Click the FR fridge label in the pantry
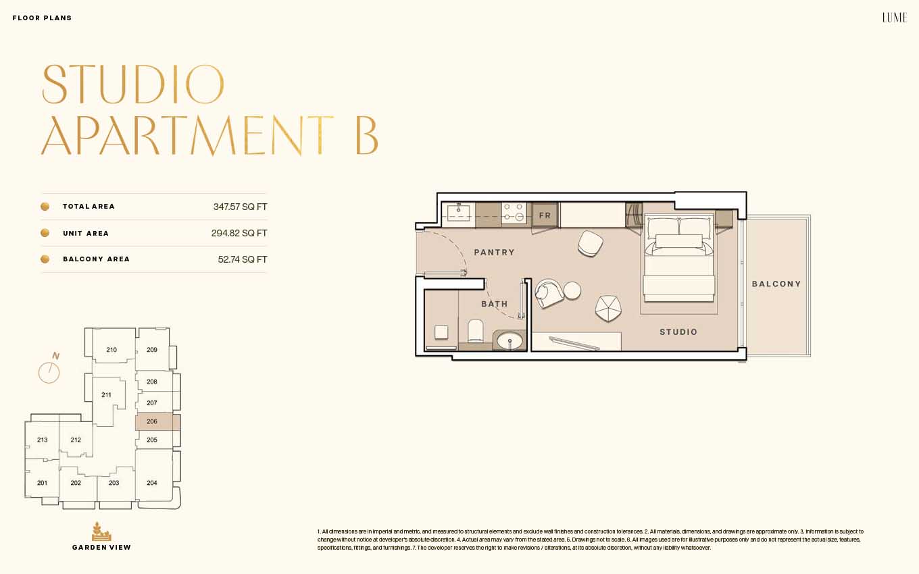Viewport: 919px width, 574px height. (x=545, y=215)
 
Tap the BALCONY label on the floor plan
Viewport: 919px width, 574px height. (x=776, y=284)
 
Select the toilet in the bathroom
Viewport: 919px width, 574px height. (x=476, y=330)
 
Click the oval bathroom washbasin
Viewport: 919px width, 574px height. (x=510, y=341)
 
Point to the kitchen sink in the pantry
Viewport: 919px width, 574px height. (x=458, y=213)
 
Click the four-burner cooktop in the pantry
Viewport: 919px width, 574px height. (x=514, y=213)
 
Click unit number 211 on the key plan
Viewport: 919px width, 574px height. (x=106, y=395)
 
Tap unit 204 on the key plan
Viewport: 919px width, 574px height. (x=152, y=483)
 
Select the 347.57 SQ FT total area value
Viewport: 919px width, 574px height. (x=240, y=207)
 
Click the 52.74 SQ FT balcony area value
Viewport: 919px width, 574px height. (x=243, y=259)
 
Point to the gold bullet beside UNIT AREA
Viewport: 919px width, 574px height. (x=45, y=233)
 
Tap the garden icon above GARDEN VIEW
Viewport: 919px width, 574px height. (x=101, y=531)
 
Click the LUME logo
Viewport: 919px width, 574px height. (x=895, y=18)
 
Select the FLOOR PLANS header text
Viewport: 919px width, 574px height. (x=43, y=18)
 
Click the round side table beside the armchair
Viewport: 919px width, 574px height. (x=572, y=290)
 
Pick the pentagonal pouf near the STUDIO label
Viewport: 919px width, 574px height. (x=608, y=308)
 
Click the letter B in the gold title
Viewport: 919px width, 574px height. (x=366, y=136)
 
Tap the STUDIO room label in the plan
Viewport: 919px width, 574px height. (x=678, y=332)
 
